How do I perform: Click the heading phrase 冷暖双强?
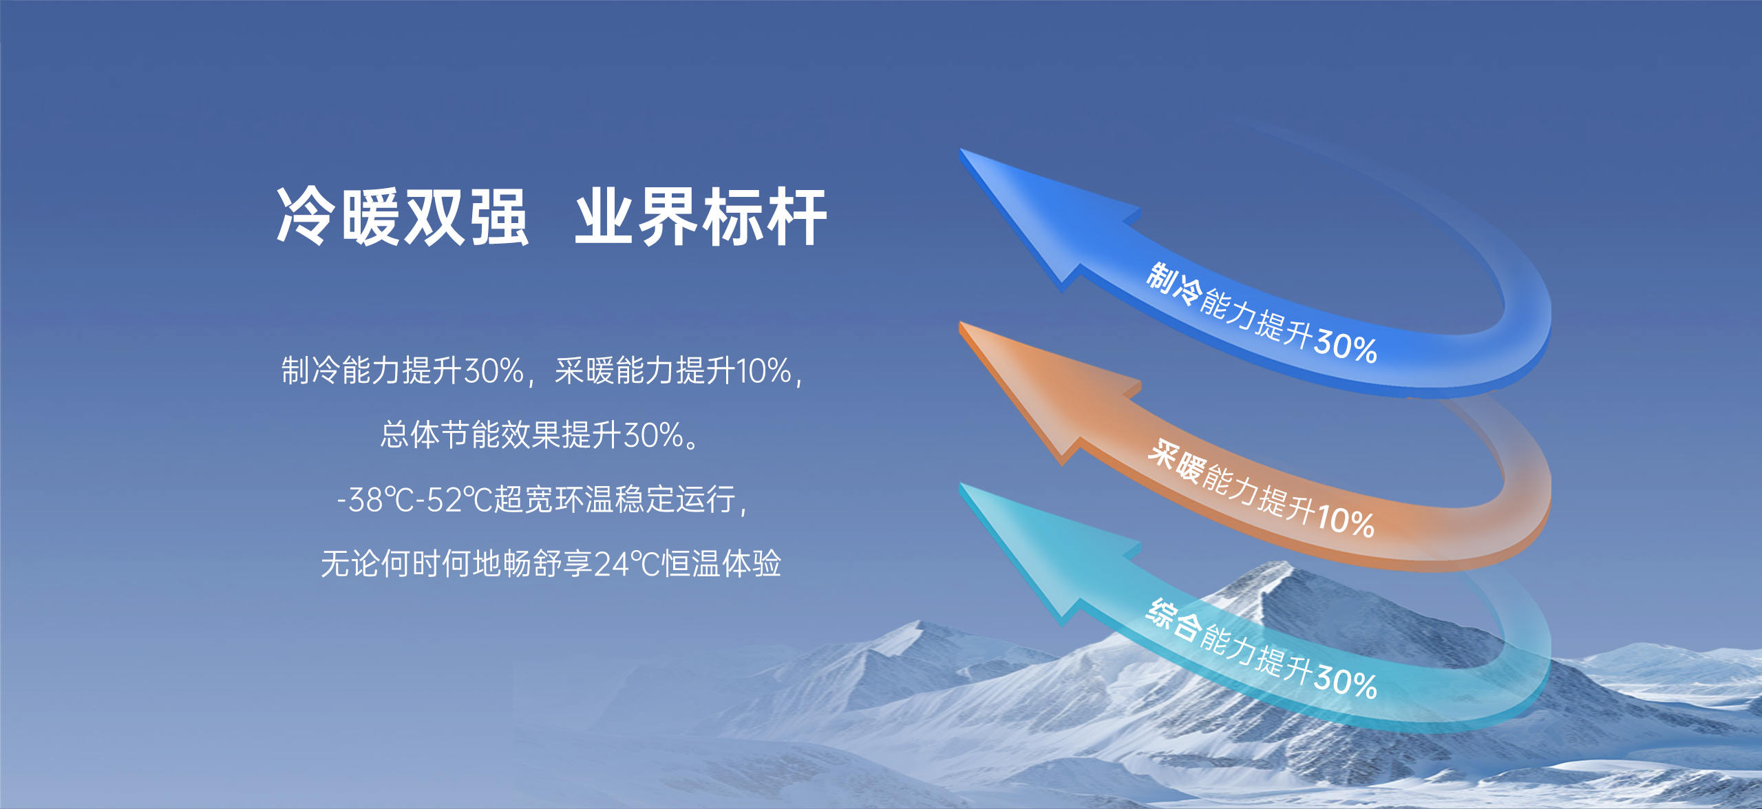point(402,217)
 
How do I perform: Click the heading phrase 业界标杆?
point(701,217)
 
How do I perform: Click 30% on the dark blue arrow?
point(1345,344)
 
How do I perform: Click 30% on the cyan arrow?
point(1345,682)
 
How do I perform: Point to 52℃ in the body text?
point(458,500)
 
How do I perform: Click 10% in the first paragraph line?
point(764,370)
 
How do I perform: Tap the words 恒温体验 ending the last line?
point(721,564)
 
